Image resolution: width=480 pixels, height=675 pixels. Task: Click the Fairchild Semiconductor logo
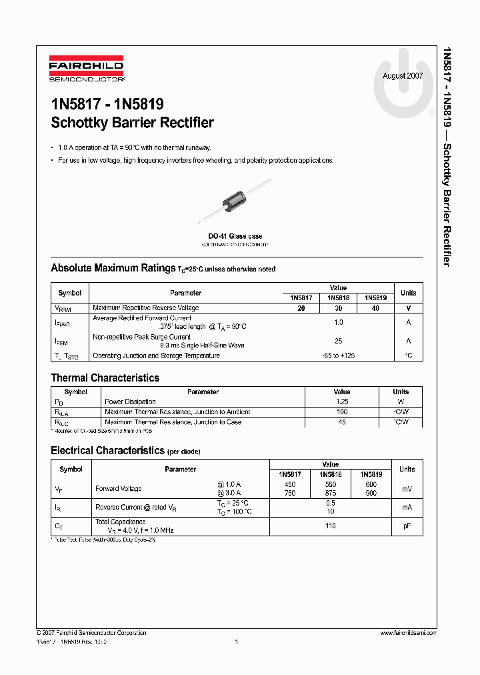pos(86,69)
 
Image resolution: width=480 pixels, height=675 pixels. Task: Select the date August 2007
pos(402,76)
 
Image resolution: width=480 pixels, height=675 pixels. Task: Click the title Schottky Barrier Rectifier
pos(132,123)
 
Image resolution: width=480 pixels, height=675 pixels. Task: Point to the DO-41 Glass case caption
pos(235,237)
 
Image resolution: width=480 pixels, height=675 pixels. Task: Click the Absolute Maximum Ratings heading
pos(113,268)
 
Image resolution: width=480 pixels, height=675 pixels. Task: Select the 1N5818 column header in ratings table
pos(339,298)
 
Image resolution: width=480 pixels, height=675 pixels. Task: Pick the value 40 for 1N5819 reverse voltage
pos(375,308)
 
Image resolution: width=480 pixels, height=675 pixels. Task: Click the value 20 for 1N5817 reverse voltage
pos(301,308)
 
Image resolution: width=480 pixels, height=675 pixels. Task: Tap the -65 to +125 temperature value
pos(338,356)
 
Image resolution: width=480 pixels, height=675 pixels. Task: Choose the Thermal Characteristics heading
pos(105,378)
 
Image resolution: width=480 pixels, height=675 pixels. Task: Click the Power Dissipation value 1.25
pos(341,402)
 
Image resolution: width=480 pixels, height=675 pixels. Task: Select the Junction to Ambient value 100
pos(341,412)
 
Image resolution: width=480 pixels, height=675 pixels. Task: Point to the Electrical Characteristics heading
pos(107,451)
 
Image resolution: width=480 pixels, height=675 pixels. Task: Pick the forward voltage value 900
pos(371,494)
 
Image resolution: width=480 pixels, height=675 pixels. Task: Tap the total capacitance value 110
pos(330,526)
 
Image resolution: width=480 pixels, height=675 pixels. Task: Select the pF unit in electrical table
pos(407,526)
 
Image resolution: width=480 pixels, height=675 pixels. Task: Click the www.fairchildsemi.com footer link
pos(407,633)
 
